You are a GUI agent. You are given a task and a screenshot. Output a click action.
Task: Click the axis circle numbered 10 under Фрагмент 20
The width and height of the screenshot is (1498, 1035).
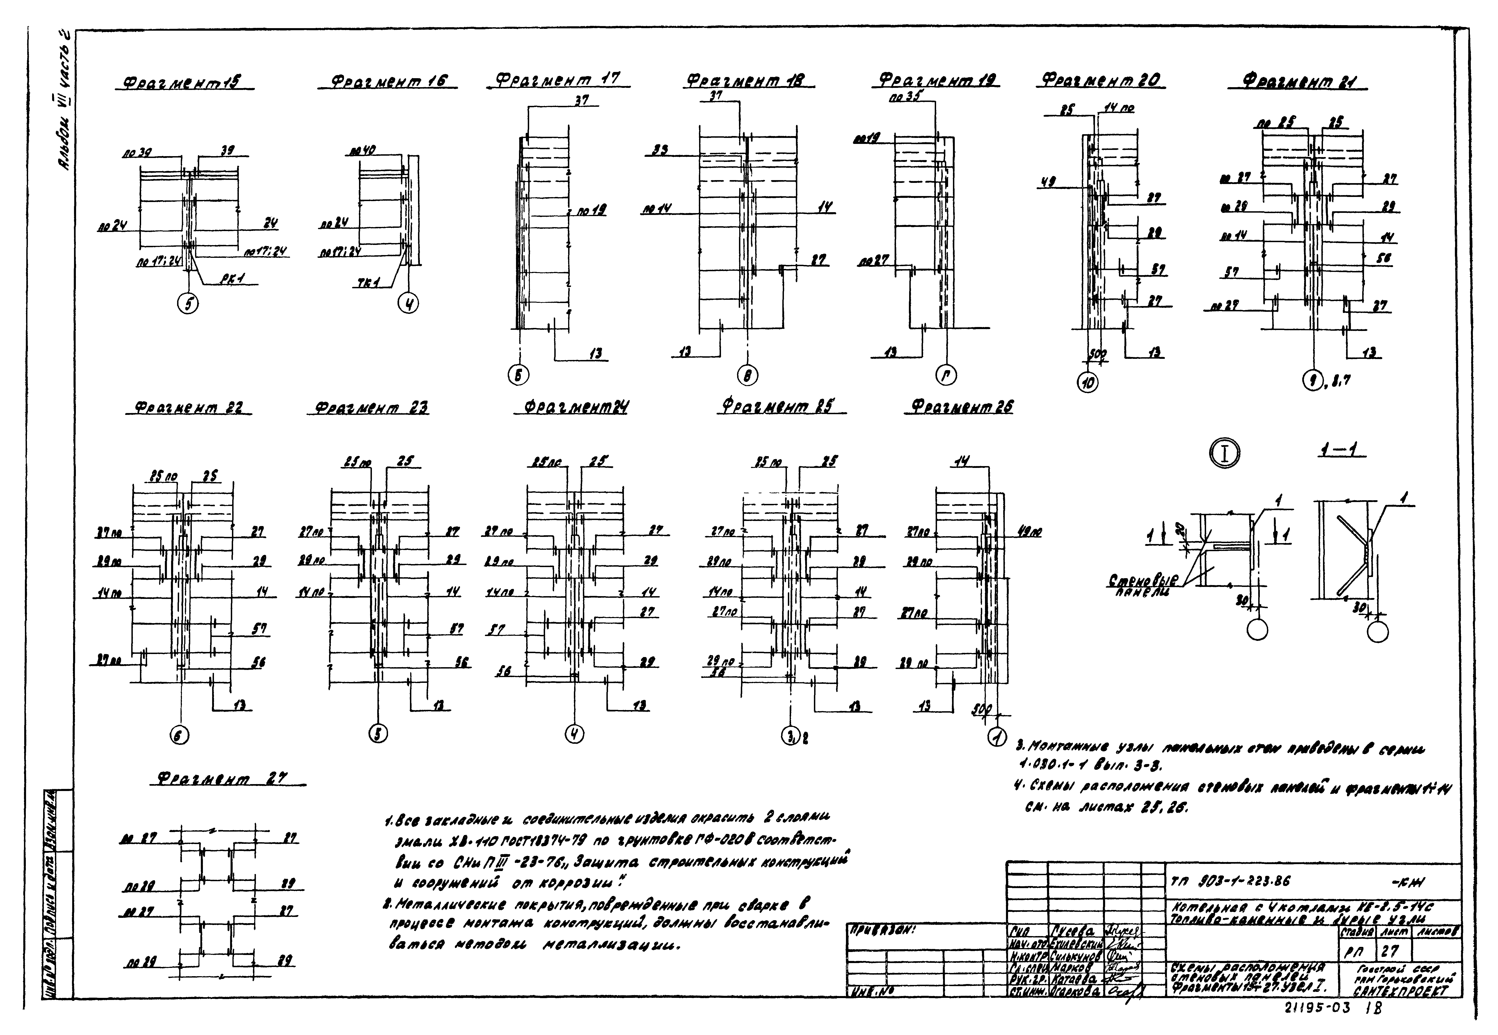point(1088,383)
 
